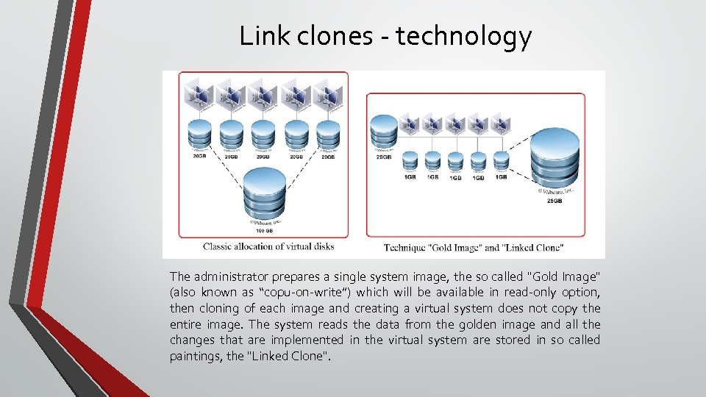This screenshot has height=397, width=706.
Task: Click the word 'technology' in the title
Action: coord(463,36)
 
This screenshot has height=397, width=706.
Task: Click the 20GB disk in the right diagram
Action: coord(384,132)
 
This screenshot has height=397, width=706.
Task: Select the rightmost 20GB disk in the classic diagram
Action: coord(328,133)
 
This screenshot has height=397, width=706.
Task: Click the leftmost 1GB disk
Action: coord(410,160)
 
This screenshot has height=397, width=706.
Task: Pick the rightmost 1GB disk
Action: coord(501,160)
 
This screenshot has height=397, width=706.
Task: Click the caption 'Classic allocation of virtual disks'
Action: coord(268,246)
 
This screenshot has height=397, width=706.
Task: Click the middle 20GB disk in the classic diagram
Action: coord(263,133)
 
